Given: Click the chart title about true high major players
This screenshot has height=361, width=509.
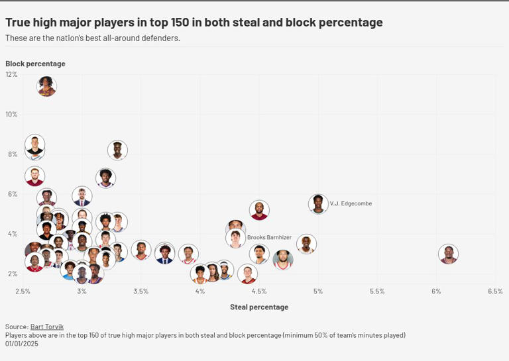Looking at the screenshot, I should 194,22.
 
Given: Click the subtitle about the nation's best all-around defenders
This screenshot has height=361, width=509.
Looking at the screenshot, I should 92,38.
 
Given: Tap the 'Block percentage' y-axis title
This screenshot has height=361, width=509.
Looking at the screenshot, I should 35,64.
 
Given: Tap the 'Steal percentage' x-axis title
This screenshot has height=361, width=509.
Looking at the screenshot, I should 258,307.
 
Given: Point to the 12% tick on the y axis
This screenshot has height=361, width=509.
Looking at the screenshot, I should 11,74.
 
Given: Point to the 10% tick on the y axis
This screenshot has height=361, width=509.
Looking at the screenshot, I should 11,114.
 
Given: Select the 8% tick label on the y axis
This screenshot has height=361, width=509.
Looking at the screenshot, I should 11,154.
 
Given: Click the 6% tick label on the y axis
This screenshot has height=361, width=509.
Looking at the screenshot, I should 11,194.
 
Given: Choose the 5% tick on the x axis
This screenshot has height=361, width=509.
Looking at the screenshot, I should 318,291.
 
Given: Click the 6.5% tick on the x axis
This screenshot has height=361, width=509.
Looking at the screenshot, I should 494,291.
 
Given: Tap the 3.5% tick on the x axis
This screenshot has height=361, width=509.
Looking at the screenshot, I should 141,291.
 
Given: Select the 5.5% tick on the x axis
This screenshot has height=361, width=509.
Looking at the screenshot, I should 377,291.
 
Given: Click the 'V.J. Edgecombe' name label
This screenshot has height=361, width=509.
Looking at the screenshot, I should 351,203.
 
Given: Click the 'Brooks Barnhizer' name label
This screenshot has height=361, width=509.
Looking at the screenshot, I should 269,237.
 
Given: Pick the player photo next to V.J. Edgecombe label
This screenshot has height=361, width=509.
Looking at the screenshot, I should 318,203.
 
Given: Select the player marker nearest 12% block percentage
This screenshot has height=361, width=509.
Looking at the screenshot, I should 46,86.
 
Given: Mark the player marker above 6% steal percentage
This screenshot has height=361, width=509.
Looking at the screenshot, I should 449,254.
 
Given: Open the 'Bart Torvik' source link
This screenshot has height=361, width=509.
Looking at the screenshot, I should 47,327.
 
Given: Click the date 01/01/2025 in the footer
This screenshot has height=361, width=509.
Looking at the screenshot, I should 23,344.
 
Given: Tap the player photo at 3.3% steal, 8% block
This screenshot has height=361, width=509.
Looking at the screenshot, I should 117,150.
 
